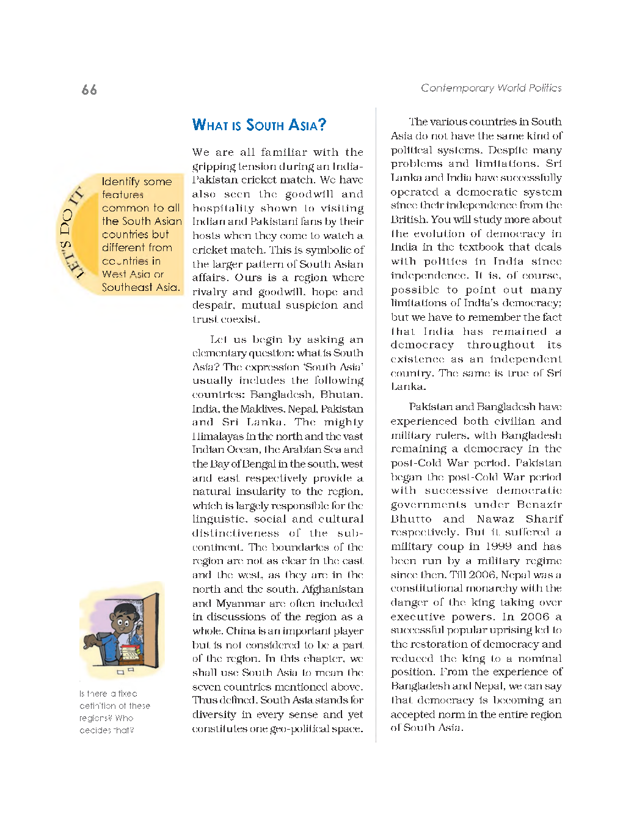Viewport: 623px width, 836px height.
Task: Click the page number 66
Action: click(x=89, y=90)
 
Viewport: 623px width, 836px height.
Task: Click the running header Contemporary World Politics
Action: click(x=490, y=88)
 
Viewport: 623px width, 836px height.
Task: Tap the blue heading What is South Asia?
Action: click(x=259, y=125)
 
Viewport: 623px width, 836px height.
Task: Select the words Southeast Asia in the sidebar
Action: click(x=140, y=287)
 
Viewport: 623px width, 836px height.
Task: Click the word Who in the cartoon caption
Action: click(x=124, y=718)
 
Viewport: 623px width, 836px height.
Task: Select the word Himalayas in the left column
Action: click(x=217, y=436)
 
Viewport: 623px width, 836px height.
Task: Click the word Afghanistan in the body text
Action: click(x=332, y=589)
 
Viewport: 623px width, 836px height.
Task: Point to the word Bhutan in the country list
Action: click(x=340, y=395)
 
